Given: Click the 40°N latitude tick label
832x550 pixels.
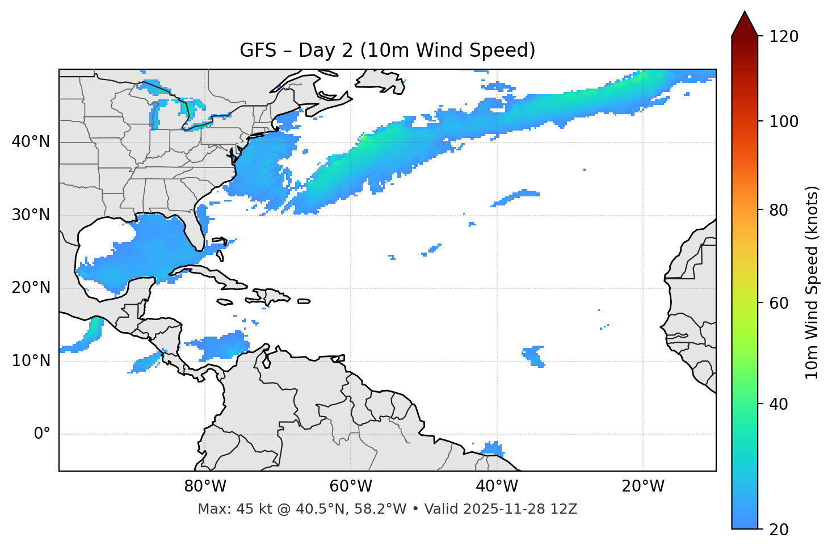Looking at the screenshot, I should tap(31, 142).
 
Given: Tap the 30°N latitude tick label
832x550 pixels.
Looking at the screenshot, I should tap(31, 215).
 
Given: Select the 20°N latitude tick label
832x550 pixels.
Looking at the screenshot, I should tap(31, 288).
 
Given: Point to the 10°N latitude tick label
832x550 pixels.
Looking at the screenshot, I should tap(31, 361).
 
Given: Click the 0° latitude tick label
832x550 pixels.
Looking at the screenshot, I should tap(42, 434).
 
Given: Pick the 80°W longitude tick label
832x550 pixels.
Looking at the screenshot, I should tap(205, 486).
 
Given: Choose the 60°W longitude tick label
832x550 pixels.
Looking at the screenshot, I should tap(351, 486).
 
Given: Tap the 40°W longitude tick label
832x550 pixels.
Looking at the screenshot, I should tap(497, 486).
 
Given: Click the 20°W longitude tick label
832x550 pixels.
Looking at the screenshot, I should tap(642, 486).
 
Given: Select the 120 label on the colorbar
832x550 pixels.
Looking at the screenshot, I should tap(784, 37).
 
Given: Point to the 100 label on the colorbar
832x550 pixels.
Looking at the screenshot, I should tap(784, 121).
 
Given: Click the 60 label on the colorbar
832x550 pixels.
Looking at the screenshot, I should tap(779, 303).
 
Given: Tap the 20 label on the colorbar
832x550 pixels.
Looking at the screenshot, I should tap(779, 530).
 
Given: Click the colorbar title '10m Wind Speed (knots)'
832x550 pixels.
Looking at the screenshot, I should tap(812, 282).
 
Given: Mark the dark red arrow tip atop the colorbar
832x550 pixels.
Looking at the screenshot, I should tap(745, 22).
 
